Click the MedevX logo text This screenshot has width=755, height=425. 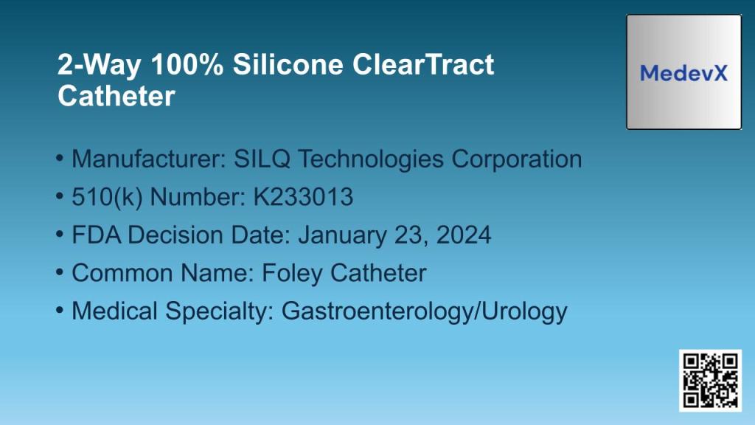[x=683, y=73]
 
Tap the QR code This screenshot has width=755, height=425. [x=710, y=380]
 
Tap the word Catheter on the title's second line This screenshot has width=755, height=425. [x=116, y=97]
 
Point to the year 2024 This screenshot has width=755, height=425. [x=463, y=235]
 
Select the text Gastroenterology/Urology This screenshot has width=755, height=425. [x=425, y=311]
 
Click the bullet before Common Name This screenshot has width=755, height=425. [x=60, y=273]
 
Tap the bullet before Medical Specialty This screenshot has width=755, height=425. [x=60, y=311]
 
